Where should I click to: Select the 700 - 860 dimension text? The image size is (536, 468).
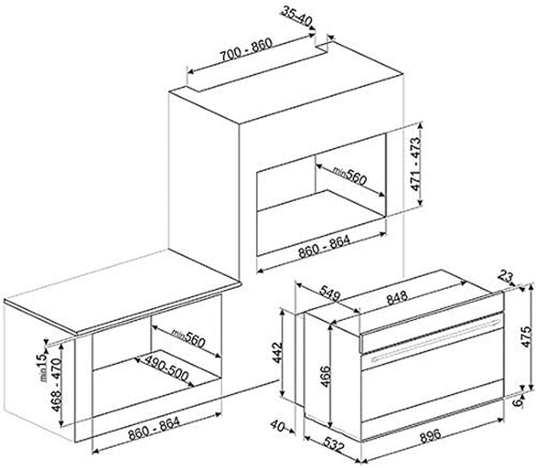click(x=245, y=50)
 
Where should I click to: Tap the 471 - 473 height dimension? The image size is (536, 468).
click(x=416, y=164)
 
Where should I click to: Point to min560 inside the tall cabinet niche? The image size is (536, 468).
click(x=350, y=176)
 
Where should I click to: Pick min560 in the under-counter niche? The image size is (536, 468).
click(x=188, y=338)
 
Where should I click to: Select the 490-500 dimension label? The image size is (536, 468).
click(x=167, y=369)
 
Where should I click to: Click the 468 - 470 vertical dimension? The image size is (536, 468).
click(x=56, y=384)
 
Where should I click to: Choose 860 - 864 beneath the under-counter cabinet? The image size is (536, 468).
click(x=154, y=428)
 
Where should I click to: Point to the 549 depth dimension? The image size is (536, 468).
click(x=329, y=293)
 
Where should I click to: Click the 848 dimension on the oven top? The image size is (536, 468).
click(x=397, y=297)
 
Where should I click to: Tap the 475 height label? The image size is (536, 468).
click(x=526, y=336)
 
